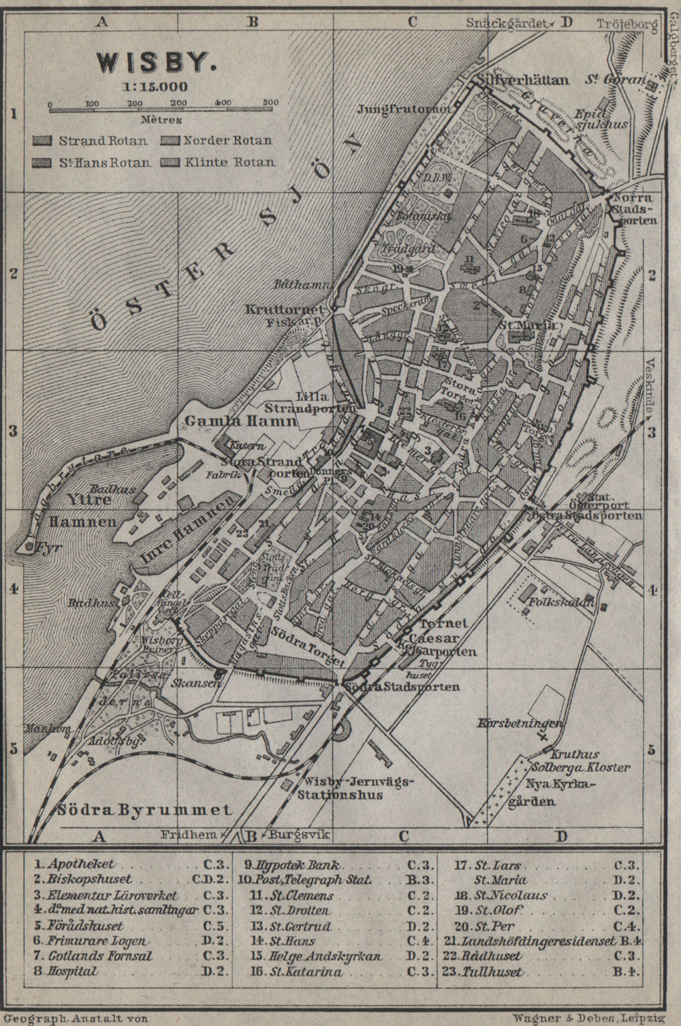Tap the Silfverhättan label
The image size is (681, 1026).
click(523, 80)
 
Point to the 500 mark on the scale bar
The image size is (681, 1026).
click(270, 103)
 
